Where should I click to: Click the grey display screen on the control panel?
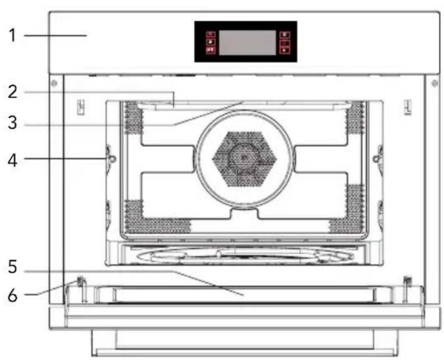coord(246,42)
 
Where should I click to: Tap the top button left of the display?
coord(210,35)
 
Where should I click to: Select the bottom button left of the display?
coord(210,50)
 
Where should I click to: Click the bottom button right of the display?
coord(284,50)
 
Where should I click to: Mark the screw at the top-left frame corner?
coord(55,83)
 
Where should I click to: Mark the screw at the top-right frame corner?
coord(433,83)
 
